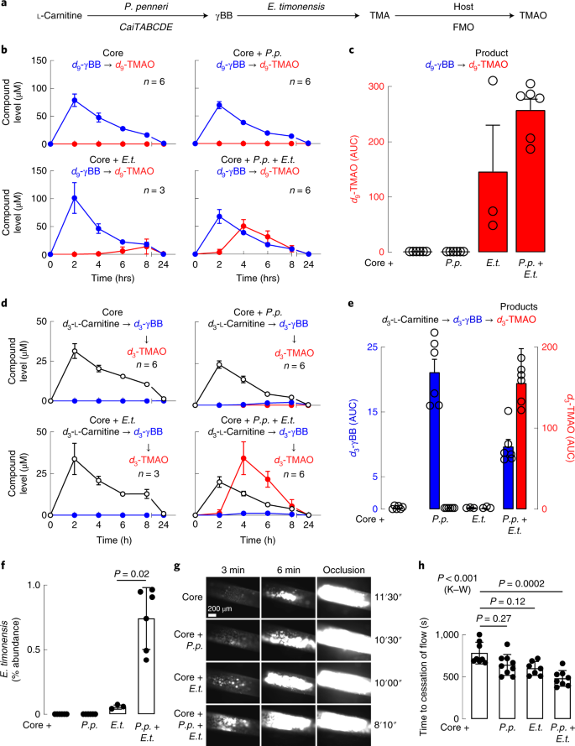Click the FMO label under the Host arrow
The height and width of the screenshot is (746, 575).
463,27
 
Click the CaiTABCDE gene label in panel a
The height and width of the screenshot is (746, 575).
146,27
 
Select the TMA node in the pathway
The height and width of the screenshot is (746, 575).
379,16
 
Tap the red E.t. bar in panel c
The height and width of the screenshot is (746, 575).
493,211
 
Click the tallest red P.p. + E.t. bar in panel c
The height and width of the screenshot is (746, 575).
531,180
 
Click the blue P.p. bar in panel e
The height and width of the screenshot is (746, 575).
434,441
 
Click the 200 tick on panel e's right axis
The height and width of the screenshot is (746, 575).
550,347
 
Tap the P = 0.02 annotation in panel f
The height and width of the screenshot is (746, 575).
132,574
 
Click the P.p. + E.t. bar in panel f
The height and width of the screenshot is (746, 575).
146,666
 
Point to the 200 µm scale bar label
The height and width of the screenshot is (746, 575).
220,608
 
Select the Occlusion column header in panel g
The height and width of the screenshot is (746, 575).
343,570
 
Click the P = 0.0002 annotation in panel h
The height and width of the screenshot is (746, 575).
521,583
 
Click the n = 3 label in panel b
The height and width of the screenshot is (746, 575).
154,190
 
